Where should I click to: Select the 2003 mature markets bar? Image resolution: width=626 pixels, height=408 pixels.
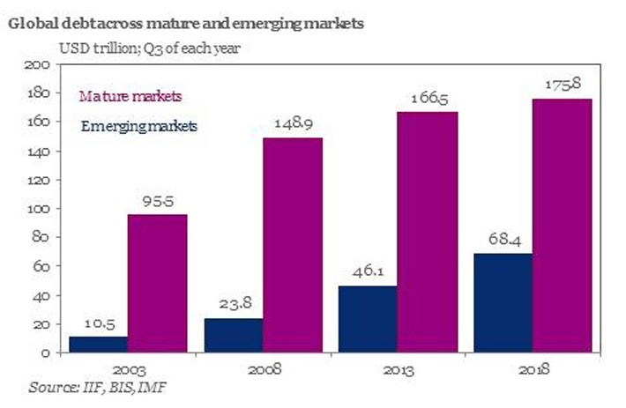point(157,283)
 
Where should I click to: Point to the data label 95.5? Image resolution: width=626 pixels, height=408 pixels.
point(158,202)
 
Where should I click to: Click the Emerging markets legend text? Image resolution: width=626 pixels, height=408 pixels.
point(138,126)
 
